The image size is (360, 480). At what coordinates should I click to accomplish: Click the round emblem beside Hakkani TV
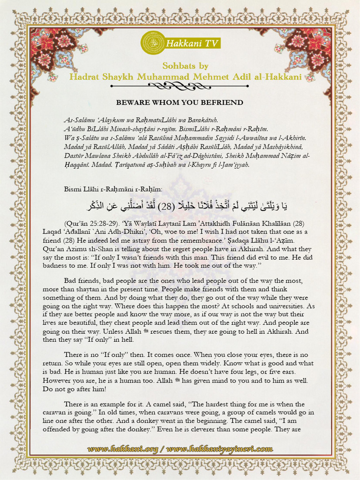tap(152, 43)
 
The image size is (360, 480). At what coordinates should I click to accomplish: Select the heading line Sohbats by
tap(185, 66)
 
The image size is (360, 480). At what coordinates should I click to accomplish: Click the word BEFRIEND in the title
tap(220, 102)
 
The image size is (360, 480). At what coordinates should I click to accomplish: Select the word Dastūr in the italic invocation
tap(75, 156)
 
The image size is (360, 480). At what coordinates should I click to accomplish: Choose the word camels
tap(269, 412)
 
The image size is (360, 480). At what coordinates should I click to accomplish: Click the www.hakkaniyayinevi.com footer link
tap(219, 449)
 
